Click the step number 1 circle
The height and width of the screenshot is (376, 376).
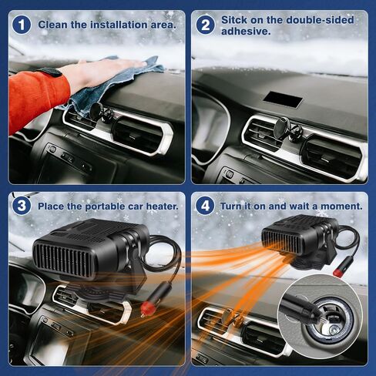(22, 25)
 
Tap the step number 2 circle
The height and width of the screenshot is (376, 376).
(205, 25)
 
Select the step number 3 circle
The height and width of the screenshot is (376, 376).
(22, 206)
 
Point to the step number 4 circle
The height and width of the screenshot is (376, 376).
(205, 206)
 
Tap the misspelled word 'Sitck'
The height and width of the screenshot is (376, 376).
(233, 20)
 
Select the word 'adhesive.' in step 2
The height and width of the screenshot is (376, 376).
(246, 32)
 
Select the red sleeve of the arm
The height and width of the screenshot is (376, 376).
(38, 100)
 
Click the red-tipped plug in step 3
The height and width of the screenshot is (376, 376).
(146, 307)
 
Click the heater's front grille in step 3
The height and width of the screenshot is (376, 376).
(64, 260)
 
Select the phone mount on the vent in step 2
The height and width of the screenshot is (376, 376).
(287, 129)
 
